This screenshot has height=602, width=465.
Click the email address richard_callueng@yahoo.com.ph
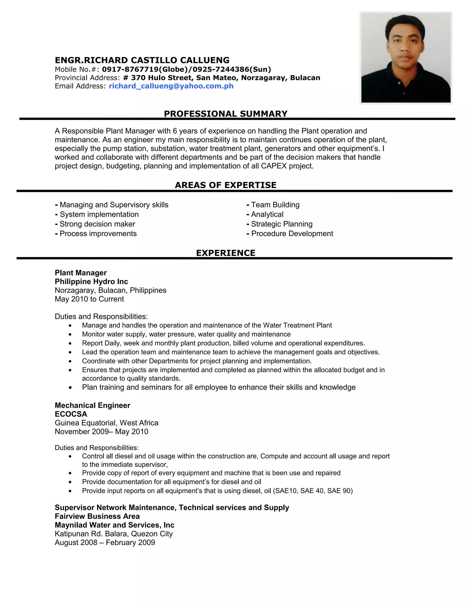click(x=171, y=86)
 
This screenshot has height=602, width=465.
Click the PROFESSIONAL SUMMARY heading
click(x=226, y=114)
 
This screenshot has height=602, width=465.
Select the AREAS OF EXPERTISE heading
click(x=226, y=185)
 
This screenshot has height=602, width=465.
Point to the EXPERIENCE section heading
click(x=226, y=253)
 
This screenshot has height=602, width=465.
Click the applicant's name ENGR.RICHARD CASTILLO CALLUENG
click(x=142, y=60)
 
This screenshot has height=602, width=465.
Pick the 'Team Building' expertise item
click(x=275, y=205)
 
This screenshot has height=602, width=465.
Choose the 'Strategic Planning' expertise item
click(x=282, y=224)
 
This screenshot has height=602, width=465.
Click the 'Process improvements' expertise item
click(x=98, y=234)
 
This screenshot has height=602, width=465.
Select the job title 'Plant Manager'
click(x=81, y=273)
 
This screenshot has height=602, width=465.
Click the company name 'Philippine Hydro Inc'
click(x=92, y=281)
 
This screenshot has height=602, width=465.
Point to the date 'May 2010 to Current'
click(x=89, y=299)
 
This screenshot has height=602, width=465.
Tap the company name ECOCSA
click(x=71, y=414)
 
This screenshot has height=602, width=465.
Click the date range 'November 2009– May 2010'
click(x=101, y=432)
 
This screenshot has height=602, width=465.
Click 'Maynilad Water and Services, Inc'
click(x=115, y=525)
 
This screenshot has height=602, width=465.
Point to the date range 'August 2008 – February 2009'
click(x=105, y=542)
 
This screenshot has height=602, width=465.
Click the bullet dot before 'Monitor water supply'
click(x=70, y=335)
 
